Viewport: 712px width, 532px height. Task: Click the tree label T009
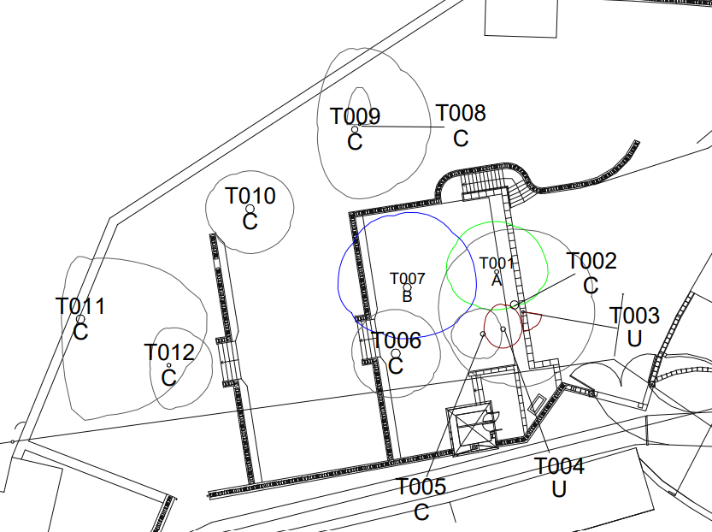tap(355, 116)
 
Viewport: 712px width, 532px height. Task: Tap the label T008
tap(461, 113)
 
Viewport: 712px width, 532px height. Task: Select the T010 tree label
tap(250, 196)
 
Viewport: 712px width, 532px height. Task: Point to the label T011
tap(80, 306)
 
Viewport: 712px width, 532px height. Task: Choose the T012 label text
tap(169, 352)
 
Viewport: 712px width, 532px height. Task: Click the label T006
tap(397, 341)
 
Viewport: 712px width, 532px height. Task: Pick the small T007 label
tap(407, 278)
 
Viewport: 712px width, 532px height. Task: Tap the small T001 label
tap(497, 263)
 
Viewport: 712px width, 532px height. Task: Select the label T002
tap(591, 261)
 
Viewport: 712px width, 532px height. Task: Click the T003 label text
tap(635, 316)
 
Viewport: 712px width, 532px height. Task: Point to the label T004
tap(559, 466)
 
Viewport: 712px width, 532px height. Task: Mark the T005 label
tap(421, 488)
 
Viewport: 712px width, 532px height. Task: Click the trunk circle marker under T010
tap(250, 209)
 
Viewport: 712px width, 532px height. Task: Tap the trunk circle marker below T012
tap(169, 366)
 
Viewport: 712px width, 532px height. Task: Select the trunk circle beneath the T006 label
tap(395, 353)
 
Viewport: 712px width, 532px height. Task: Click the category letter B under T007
tap(407, 296)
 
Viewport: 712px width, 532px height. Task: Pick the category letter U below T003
tap(635, 339)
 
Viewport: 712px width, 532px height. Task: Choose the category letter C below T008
tap(461, 138)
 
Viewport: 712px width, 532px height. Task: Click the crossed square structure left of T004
tap(471, 428)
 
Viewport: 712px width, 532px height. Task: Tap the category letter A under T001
tap(497, 279)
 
